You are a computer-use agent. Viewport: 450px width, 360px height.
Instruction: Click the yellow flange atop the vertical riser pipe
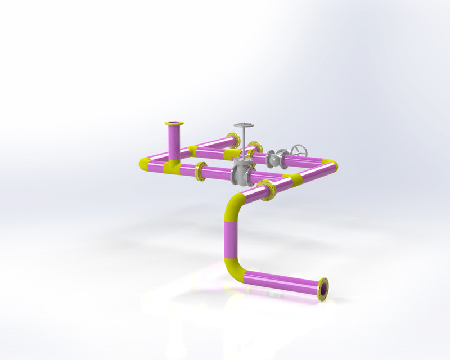click(x=173, y=123)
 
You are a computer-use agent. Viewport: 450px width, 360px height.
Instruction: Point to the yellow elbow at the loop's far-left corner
click(x=145, y=164)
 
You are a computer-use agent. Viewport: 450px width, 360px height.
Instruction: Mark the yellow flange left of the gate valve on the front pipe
click(x=200, y=172)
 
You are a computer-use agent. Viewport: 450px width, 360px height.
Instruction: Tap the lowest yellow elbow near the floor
click(x=236, y=270)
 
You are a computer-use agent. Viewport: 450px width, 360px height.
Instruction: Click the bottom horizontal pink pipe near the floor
click(x=281, y=281)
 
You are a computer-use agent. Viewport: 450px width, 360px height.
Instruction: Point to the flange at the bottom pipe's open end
click(x=323, y=289)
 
